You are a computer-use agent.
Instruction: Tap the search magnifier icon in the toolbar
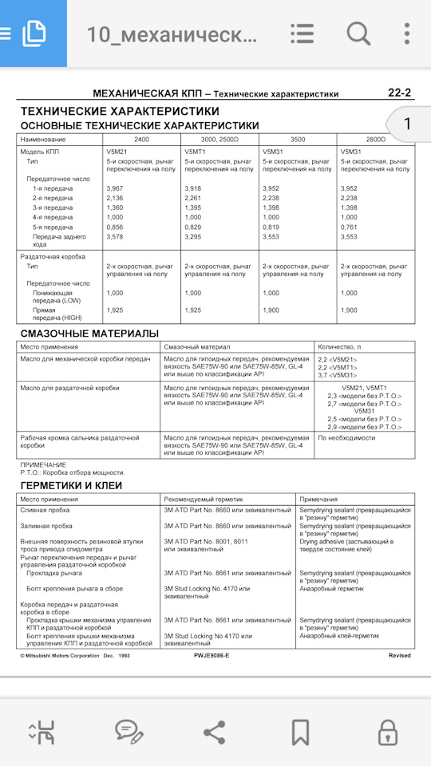click(x=358, y=34)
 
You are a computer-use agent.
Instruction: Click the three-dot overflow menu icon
click(x=407, y=34)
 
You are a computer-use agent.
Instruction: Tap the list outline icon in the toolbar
click(x=302, y=34)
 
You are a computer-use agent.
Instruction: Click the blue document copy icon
click(x=34, y=34)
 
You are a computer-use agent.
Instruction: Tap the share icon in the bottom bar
click(x=214, y=731)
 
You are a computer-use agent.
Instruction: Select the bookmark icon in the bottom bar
click(x=300, y=731)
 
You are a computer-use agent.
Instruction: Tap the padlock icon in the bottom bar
click(x=387, y=731)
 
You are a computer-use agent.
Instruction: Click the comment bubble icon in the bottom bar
click(x=127, y=731)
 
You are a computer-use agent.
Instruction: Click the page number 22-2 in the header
click(x=399, y=93)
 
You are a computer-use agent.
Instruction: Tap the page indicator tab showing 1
click(x=407, y=124)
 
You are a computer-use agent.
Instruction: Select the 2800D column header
click(x=375, y=140)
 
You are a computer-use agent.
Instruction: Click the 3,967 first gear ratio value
click(x=115, y=188)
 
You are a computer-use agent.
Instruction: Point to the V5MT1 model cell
click(x=196, y=151)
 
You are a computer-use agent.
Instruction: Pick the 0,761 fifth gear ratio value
click(x=350, y=227)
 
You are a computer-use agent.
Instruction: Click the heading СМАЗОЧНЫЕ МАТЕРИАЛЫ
click(x=89, y=333)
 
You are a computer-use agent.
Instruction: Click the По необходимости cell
click(x=346, y=438)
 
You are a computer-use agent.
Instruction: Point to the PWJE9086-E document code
click(x=211, y=655)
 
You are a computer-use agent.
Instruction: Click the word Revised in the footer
click(x=400, y=655)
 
